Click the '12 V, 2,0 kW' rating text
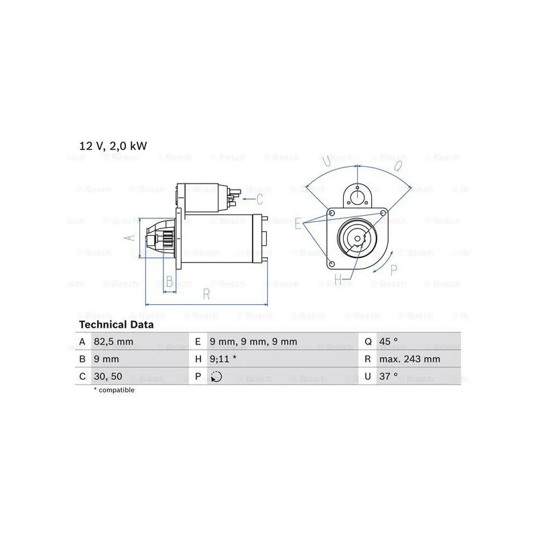(113, 146)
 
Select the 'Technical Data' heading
(116, 324)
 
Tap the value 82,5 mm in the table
(113, 342)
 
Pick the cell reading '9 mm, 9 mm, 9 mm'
(253, 342)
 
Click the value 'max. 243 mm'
(409, 359)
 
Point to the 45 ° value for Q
(389, 342)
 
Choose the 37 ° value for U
(389, 377)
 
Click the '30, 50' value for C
(108, 377)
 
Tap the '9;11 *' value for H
(223, 359)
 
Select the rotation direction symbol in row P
(216, 377)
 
